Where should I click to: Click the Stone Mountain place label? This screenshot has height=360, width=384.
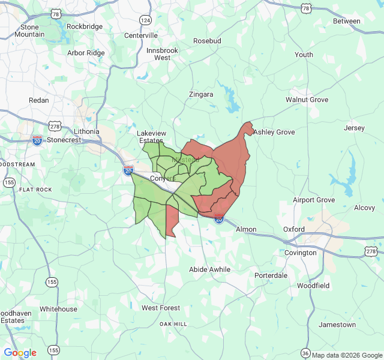[29, 31]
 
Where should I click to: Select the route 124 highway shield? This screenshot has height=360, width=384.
[145, 20]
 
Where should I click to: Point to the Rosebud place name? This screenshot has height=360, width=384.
[207, 41]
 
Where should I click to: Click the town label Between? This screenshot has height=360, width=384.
[347, 21]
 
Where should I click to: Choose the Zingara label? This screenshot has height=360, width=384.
[201, 95]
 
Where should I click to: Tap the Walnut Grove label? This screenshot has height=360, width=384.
[307, 100]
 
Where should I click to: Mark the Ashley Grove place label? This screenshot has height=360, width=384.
[274, 132]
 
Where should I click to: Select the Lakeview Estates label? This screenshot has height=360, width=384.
[151, 137]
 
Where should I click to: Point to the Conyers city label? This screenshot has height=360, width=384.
[161, 179]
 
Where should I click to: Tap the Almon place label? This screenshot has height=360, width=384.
[246, 229]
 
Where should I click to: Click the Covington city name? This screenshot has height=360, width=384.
[301, 253]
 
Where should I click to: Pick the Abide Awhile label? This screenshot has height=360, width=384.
[209, 269]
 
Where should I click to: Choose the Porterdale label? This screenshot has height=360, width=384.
[271, 275]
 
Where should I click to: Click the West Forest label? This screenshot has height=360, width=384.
[161, 308]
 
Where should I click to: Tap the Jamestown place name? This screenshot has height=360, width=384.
[337, 325]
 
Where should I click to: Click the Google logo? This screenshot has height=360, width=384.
[20, 353]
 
